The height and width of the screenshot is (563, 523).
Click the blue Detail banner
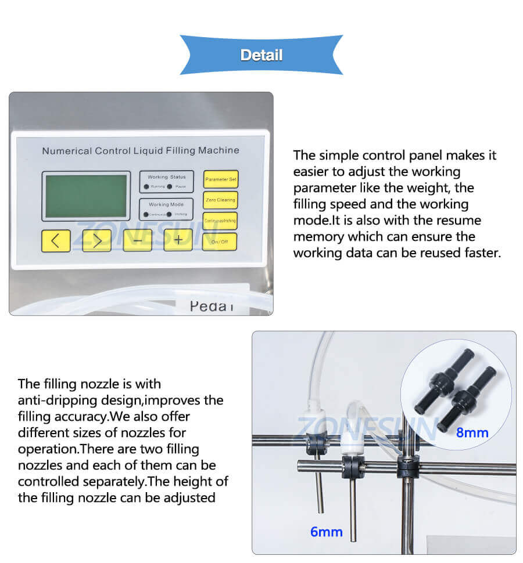click(x=261, y=55)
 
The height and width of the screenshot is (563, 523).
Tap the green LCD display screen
click(x=86, y=196)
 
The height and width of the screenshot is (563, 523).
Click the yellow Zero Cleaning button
click(x=220, y=200)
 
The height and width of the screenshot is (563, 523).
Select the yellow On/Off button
click(x=220, y=241)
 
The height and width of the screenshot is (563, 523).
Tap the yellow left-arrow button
click(x=56, y=240)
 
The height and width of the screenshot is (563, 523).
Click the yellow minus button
click(x=137, y=240)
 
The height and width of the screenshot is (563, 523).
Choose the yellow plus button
click(x=178, y=240)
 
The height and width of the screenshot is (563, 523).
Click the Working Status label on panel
click(x=166, y=176)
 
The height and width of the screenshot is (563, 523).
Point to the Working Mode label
click(x=166, y=204)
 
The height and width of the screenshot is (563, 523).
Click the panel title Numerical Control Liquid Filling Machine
click(x=140, y=151)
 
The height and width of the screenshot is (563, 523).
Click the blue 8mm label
click(x=472, y=432)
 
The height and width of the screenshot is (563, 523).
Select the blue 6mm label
click(x=326, y=531)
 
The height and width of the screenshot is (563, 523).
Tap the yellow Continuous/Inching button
click(x=220, y=221)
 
